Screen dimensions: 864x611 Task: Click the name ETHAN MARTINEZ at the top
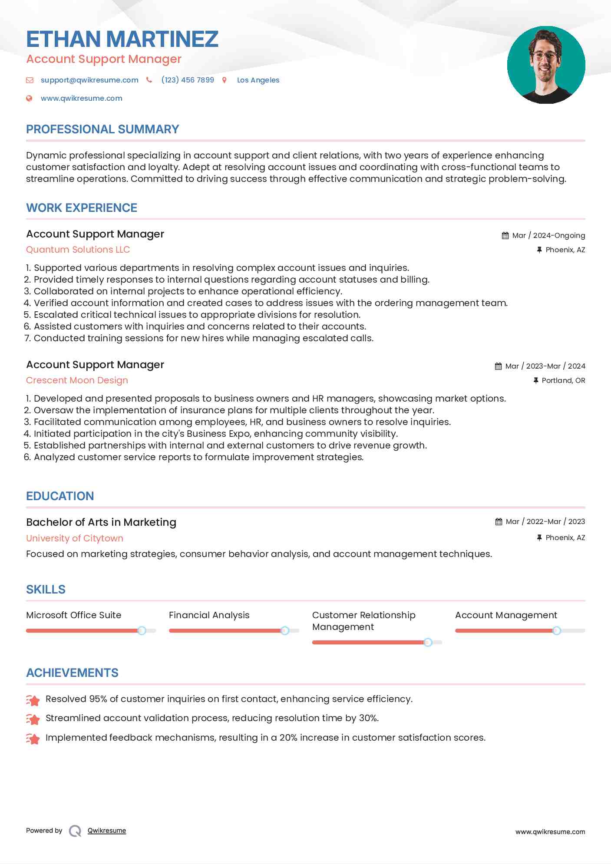(x=122, y=39)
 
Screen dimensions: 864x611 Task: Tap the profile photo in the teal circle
(x=546, y=65)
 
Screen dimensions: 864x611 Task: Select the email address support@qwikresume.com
(x=89, y=80)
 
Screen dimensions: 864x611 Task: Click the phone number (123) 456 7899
(x=188, y=80)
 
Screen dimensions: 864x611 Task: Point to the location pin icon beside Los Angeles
(x=225, y=80)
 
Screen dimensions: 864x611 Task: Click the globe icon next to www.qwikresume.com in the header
(x=29, y=98)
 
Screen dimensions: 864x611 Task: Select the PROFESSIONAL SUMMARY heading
(x=102, y=129)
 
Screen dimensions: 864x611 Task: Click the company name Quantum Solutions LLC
(x=78, y=250)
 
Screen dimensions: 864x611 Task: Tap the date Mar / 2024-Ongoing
(x=548, y=235)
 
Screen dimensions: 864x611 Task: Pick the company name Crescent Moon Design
(x=77, y=380)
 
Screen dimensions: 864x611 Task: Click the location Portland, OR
(x=563, y=380)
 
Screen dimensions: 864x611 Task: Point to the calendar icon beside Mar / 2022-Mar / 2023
(x=499, y=521)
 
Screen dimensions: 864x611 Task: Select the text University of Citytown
(x=75, y=538)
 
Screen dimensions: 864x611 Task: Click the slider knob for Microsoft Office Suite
(x=142, y=630)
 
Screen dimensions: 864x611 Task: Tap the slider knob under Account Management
(x=557, y=630)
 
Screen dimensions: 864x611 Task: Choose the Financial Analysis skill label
(x=209, y=615)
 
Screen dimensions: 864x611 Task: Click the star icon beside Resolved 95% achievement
(x=33, y=700)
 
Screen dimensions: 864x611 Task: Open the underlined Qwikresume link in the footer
(x=107, y=831)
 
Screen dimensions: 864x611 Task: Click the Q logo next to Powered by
(x=75, y=831)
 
